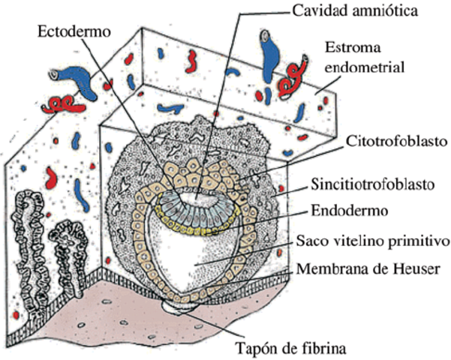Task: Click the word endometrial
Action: pos(365,67)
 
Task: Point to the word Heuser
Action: pos(412,268)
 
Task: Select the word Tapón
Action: pos(257,348)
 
